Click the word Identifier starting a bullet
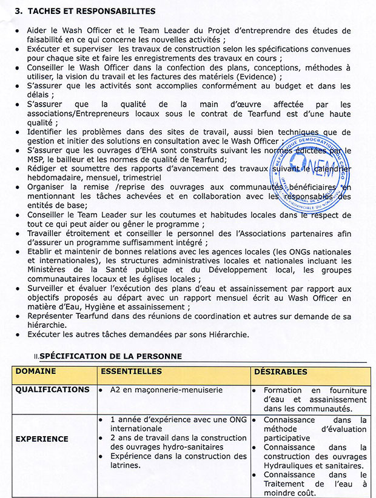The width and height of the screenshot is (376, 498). tap(47, 131)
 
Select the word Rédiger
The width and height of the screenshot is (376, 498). tap(44, 169)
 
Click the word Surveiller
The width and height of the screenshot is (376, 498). tap(49, 289)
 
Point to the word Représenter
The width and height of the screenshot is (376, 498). tap(53, 316)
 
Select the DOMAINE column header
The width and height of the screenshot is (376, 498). tap(36, 371)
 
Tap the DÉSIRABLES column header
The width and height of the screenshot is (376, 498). tap(280, 371)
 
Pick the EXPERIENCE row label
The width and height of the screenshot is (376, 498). tap(42, 439)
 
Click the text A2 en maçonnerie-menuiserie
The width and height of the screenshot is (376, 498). tap(158, 390)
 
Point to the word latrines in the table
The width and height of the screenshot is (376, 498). tap(126, 465)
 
